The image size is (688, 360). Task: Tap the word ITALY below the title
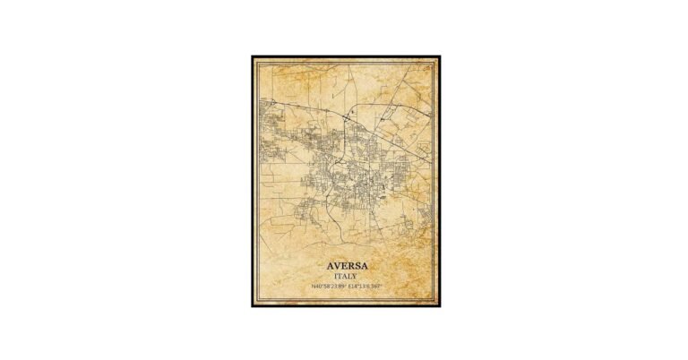pyautogui.click(x=344, y=277)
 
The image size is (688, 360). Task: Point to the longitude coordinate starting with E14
pyautogui.click(x=364, y=286)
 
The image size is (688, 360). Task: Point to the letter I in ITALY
pyautogui.click(x=333, y=277)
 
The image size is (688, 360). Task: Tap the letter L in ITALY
pyautogui.click(x=349, y=277)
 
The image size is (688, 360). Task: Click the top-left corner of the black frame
pyautogui.click(x=252, y=56)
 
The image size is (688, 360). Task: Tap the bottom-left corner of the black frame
pyautogui.click(x=252, y=306)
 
